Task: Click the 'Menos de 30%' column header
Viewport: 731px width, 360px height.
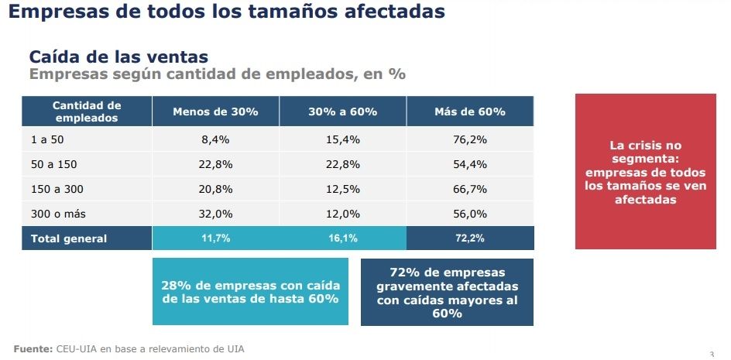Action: coord(215,111)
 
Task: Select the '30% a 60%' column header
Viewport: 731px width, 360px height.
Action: coord(342,111)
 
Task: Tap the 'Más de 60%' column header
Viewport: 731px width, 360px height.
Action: coord(470,111)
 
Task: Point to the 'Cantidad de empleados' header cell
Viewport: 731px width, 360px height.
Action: coord(87,111)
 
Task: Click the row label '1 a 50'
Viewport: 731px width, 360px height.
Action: coord(43,140)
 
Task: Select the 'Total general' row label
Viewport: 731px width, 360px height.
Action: coord(69,238)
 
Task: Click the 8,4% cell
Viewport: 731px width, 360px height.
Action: coord(215,140)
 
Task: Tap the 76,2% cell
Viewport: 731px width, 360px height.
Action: coord(470,140)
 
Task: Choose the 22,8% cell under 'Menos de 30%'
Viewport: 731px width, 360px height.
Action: coord(215,165)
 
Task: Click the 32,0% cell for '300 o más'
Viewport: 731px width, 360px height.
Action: coord(215,214)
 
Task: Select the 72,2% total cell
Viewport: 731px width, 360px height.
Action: coord(470,238)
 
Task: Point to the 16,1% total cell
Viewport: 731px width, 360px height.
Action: coord(342,238)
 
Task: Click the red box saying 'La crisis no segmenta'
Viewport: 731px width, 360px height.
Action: coord(645,172)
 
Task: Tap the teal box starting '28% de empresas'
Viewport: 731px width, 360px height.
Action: coord(250,291)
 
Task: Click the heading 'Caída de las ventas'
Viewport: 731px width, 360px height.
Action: coord(118,57)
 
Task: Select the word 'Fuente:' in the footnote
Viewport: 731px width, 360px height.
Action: coord(33,348)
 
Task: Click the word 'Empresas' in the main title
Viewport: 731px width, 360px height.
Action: coord(58,12)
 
